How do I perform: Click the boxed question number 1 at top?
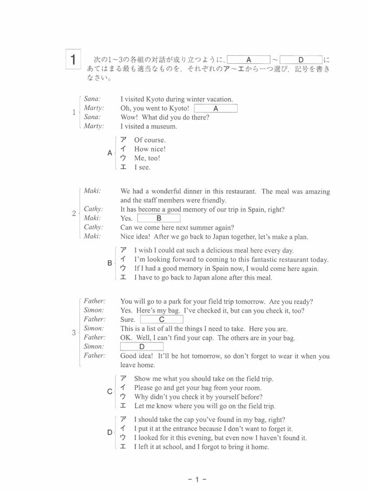pyautogui.click(x=74, y=59)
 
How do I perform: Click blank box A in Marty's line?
pyautogui.click(x=215, y=108)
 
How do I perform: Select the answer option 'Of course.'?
pyautogui.click(x=150, y=140)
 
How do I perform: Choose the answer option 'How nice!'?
pyautogui.click(x=150, y=149)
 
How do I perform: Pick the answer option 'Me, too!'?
pyautogui.click(x=147, y=158)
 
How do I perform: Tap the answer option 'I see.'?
pyautogui.click(x=142, y=168)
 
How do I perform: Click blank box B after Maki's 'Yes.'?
pyautogui.click(x=159, y=218)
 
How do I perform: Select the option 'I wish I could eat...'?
pyautogui.click(x=214, y=250)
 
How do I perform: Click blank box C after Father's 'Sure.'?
pyautogui.click(x=161, y=320)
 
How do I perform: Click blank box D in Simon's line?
pyautogui.click(x=142, y=347)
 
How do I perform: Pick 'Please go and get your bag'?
pyautogui.click(x=198, y=388)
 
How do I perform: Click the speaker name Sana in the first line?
pyautogui.click(x=93, y=99)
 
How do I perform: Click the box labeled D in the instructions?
pyautogui.click(x=301, y=59)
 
